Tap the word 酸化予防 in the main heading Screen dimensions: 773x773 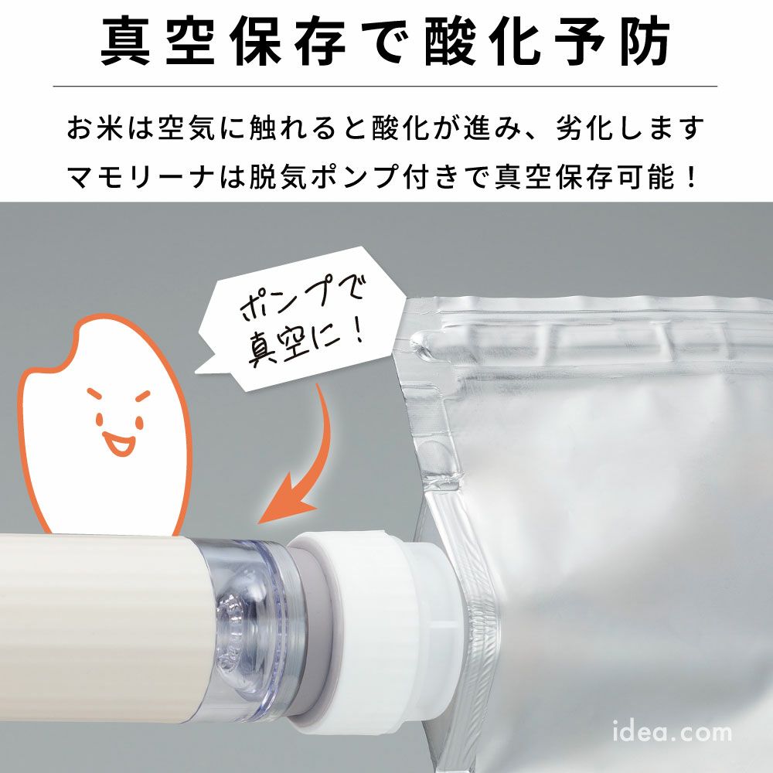[x=548, y=42]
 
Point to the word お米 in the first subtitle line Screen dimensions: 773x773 [x=94, y=128]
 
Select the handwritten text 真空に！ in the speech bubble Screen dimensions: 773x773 [x=306, y=343]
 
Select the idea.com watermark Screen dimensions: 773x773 [x=672, y=730]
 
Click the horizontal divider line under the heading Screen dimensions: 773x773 [x=385, y=87]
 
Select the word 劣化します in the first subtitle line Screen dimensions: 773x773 [x=631, y=128]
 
